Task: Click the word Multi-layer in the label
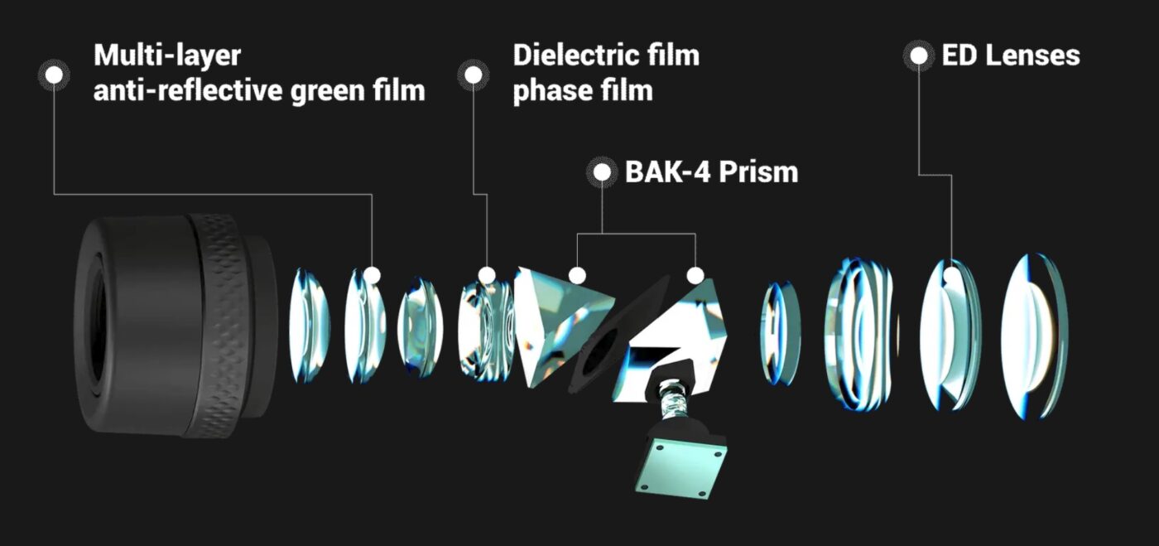tap(166, 56)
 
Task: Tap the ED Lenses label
tap(1010, 56)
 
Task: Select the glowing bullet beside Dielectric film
tap(474, 75)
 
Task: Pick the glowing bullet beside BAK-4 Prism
tap(602, 172)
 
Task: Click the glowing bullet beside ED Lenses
tap(919, 56)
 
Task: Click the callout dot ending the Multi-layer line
tap(372, 274)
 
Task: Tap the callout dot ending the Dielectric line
tap(487, 274)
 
